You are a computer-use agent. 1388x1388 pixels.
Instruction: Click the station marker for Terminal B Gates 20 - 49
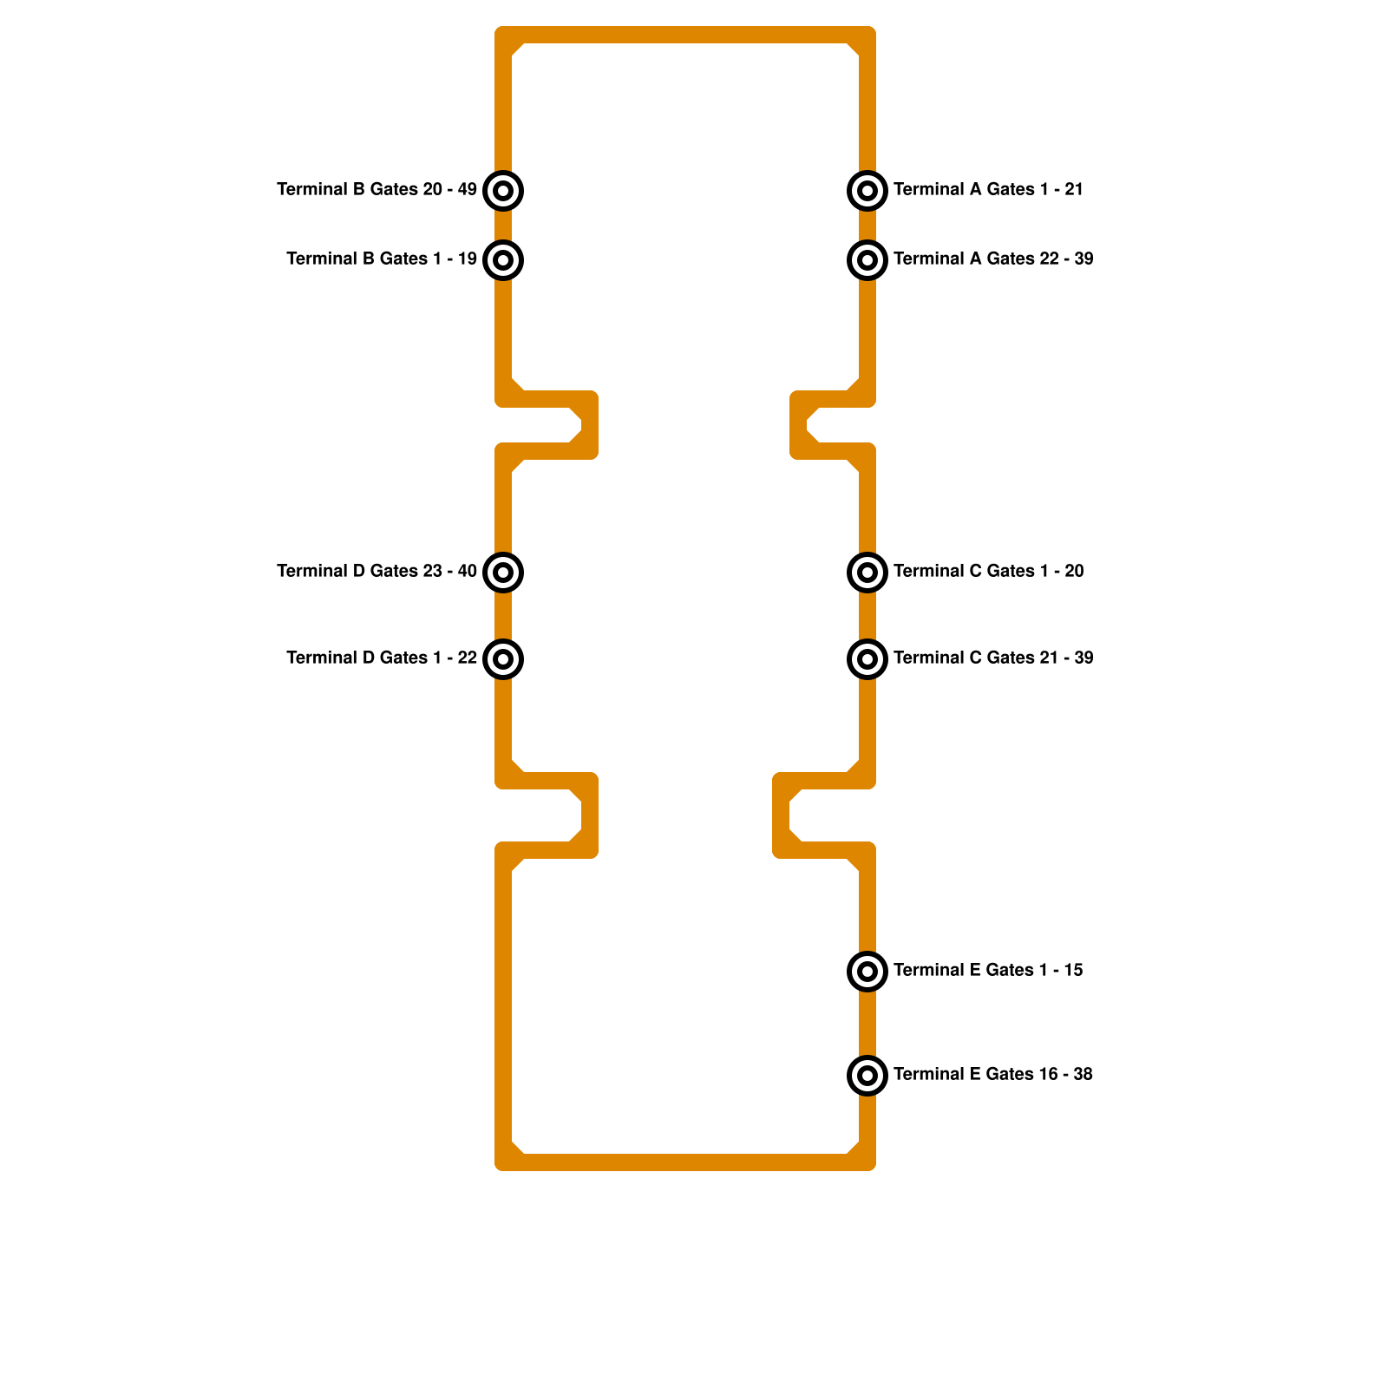point(503,191)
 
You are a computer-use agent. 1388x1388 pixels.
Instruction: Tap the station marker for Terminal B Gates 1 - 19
point(503,260)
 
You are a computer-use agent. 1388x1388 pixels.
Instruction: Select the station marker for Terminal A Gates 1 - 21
point(867,191)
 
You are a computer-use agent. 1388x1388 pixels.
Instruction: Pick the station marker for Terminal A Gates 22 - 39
point(867,260)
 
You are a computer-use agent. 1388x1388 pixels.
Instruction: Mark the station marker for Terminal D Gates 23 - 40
point(503,573)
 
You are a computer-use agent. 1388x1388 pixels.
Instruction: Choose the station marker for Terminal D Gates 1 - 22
point(503,659)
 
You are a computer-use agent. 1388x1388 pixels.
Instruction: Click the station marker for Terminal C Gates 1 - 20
point(867,573)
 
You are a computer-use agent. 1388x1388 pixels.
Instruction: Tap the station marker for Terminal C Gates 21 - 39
point(867,659)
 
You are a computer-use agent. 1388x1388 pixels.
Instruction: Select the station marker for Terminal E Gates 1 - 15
point(867,972)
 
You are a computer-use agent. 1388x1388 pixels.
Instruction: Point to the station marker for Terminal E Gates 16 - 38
point(867,1076)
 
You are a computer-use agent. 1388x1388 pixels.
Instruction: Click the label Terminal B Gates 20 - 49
point(376,189)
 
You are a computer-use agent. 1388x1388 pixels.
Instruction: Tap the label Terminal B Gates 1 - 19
point(382,259)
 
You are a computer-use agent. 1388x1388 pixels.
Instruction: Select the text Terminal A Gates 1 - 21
point(988,189)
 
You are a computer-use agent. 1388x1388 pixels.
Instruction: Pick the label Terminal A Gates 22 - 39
point(993,259)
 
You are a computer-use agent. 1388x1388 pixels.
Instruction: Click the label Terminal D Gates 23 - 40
point(376,571)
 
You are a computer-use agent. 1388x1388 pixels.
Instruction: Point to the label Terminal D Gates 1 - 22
point(382,658)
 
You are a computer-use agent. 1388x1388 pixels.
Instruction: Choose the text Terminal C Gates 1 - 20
point(988,571)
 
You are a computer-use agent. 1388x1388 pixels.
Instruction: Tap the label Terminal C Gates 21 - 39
point(993,658)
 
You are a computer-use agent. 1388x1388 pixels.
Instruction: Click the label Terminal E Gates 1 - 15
point(988,970)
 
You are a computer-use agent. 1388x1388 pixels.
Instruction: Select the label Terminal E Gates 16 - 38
point(993,1074)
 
